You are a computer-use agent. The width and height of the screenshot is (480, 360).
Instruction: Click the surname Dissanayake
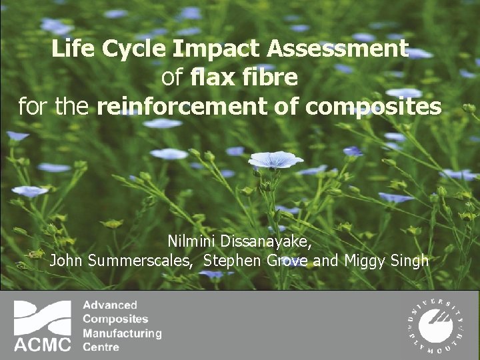[268, 241]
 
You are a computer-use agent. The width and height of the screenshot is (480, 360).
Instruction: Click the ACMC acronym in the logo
[43, 344]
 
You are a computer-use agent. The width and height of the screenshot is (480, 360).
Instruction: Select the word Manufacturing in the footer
[122, 333]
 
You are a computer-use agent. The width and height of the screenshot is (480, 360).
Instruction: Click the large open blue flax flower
[275, 160]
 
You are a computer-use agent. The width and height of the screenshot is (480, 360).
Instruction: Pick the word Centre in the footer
[101, 347]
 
